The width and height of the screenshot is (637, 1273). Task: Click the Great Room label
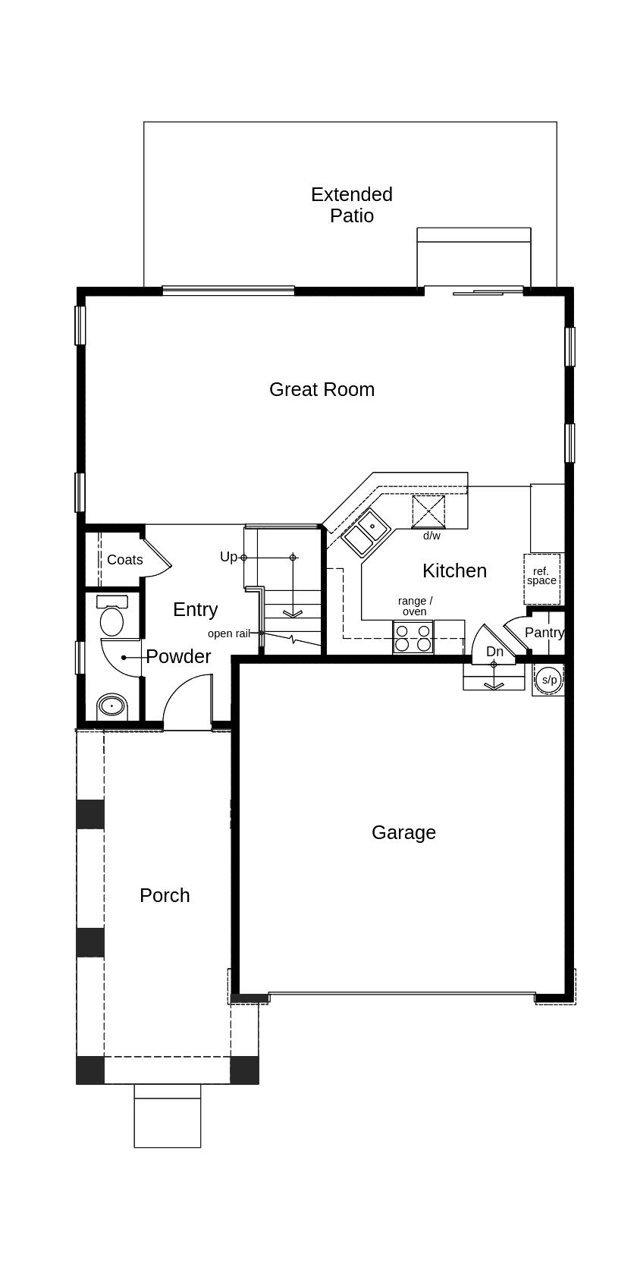pos(322,389)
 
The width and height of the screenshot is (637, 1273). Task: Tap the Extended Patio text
pos(352,205)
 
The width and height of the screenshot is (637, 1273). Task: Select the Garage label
pos(403,832)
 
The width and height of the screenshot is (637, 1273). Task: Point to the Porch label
pos(165,895)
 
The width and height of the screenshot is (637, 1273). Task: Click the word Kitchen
pos(454,570)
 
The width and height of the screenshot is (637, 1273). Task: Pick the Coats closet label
pos(125,560)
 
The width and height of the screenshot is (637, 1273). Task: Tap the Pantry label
pos(544,633)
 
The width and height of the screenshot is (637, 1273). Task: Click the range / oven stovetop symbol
pos(413,637)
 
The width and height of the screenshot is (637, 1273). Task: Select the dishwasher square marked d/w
pos(428,512)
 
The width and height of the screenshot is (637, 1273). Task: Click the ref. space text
pos(541,576)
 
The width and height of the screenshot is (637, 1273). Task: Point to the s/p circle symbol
pos(549,680)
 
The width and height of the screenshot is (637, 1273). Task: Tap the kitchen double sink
pos(366,532)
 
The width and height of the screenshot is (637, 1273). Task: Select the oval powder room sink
pos(112,706)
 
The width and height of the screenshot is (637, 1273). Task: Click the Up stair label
pos(228,556)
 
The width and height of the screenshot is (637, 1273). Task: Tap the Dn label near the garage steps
pos(495,651)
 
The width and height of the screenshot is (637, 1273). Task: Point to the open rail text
pos(229,633)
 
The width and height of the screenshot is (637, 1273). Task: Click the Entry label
pos(196,609)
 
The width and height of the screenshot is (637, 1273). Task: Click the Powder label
pos(178,656)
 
